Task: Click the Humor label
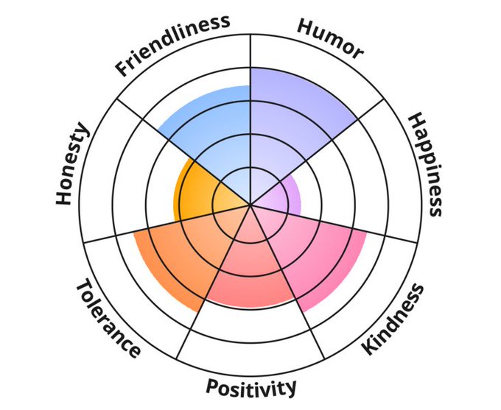[x=331, y=37]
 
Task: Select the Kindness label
[x=394, y=319]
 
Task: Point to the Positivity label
[x=251, y=386]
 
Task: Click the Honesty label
[x=72, y=165]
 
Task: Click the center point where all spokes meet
[x=251, y=204]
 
